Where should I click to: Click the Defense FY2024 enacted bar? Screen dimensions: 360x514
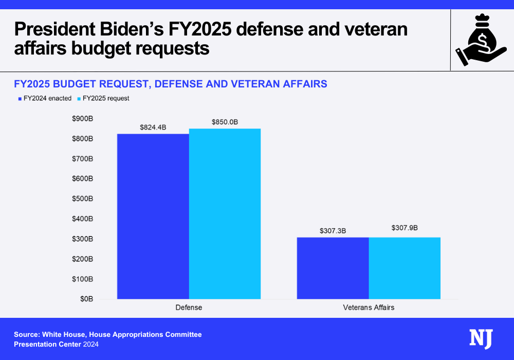pyautogui.click(x=153, y=217)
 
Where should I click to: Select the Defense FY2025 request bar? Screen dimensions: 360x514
pyautogui.click(x=225, y=214)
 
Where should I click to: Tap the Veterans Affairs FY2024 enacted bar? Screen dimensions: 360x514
pyautogui.click(x=333, y=268)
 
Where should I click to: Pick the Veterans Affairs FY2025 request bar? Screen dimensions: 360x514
pyautogui.click(x=405, y=268)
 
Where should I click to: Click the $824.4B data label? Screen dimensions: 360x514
pyautogui.click(x=153, y=127)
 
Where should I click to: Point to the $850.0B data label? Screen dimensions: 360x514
pyautogui.click(x=225, y=122)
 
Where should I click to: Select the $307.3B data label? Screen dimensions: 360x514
pyautogui.click(x=333, y=231)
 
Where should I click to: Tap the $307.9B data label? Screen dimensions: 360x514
pyautogui.click(x=405, y=227)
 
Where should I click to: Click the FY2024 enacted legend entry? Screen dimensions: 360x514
pyautogui.click(x=45, y=98)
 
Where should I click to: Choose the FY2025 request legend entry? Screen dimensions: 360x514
pyautogui.click(x=103, y=98)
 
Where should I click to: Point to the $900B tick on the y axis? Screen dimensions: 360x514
pyautogui.click(x=82, y=119)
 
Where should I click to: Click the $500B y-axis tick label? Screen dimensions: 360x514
pyautogui.click(x=82, y=199)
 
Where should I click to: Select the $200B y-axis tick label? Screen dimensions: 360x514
pyautogui.click(x=82, y=259)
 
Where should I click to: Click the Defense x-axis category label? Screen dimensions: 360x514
pyautogui.click(x=189, y=308)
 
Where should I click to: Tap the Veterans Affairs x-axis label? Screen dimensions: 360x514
pyautogui.click(x=369, y=308)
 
